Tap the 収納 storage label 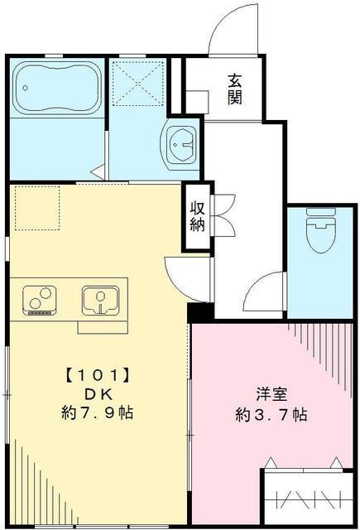tap(198, 217)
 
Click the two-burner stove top tap(38, 300)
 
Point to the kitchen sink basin tap(100, 299)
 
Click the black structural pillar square tap(199, 313)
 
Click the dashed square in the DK tap(36, 206)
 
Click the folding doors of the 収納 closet tap(221, 217)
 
